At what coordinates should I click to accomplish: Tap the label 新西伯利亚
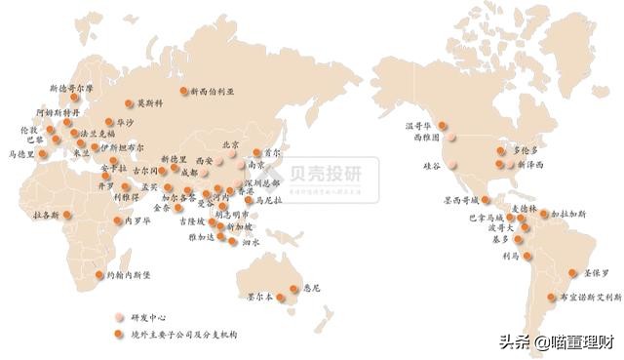click(213, 90)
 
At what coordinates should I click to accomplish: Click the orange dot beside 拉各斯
click(67, 217)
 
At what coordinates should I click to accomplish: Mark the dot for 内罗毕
click(116, 220)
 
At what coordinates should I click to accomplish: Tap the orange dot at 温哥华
click(442, 125)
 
